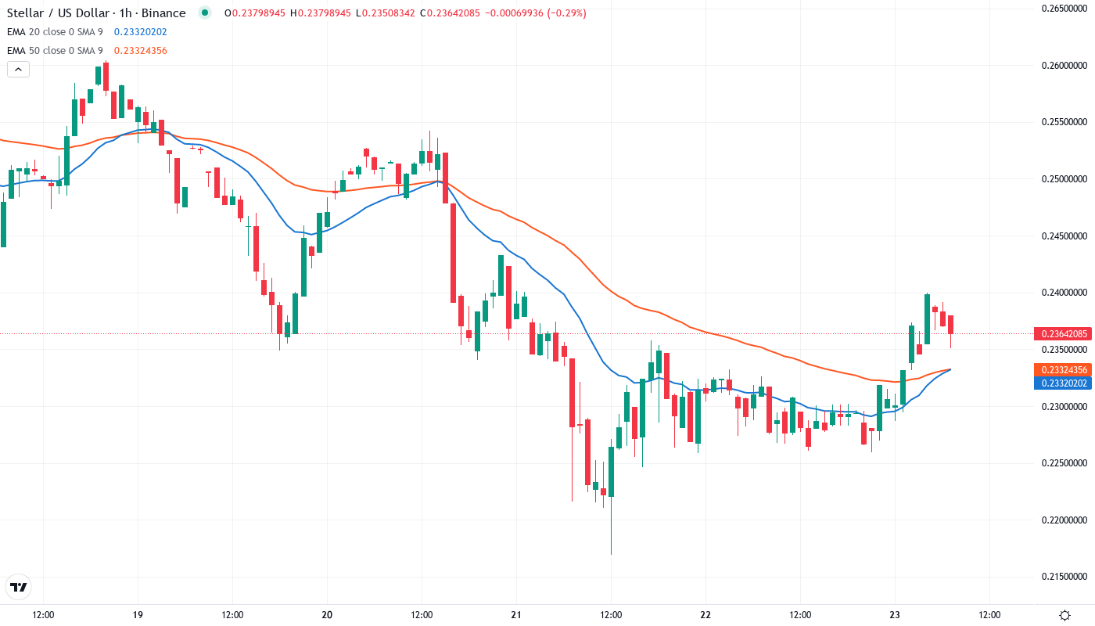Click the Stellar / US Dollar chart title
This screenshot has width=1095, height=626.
tap(96, 13)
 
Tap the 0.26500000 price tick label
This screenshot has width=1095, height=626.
tap(1065, 9)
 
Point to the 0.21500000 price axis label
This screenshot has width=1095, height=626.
tap(1065, 577)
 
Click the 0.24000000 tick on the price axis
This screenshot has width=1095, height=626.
tap(1065, 293)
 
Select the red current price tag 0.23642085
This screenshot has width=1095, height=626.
tap(1061, 334)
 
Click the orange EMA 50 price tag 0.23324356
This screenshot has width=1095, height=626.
tap(1061, 369)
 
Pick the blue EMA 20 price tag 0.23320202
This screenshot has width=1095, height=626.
tap(1061, 383)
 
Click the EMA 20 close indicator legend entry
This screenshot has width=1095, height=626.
tap(55, 31)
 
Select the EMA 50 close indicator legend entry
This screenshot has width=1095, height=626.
tap(55, 50)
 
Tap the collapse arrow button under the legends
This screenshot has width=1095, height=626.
tap(18, 69)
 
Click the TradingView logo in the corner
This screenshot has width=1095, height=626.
tap(18, 587)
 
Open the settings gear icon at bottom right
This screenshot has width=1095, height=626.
tap(1064, 614)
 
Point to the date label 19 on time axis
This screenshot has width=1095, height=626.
tap(138, 614)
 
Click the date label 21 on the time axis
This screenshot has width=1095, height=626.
tap(516, 614)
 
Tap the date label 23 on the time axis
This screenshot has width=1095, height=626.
tap(895, 614)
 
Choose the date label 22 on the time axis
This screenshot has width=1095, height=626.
tap(705, 614)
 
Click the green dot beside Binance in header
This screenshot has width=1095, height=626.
tap(205, 13)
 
